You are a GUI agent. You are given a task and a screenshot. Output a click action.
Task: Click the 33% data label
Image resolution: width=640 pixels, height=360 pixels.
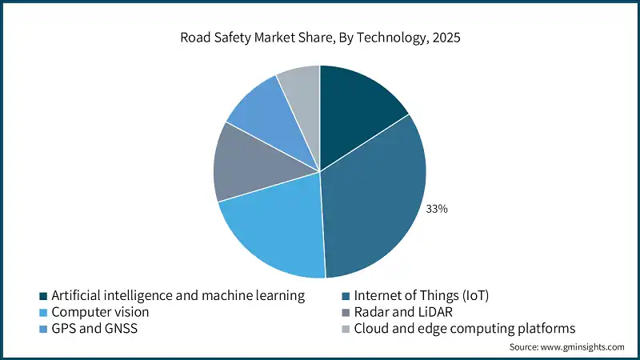[437, 209]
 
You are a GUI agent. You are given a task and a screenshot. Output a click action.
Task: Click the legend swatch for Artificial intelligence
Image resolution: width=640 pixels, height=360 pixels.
[44, 296]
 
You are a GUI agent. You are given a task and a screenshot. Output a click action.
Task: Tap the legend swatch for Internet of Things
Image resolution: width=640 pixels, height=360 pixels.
[347, 296]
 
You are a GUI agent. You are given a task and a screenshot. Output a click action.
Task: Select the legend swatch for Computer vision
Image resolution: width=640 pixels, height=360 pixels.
[44, 312]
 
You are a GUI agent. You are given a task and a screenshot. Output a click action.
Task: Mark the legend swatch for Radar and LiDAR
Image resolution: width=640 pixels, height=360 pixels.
[347, 312]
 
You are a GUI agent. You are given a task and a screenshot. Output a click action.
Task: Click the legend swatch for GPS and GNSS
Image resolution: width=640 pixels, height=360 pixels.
[44, 329]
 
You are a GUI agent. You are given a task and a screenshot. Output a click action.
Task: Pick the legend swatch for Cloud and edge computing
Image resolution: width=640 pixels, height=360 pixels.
[347, 329]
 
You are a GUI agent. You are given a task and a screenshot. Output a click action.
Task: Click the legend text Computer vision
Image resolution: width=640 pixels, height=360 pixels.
[100, 312]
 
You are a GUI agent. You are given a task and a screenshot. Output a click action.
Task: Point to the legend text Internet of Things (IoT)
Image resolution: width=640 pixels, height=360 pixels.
[421, 296]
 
